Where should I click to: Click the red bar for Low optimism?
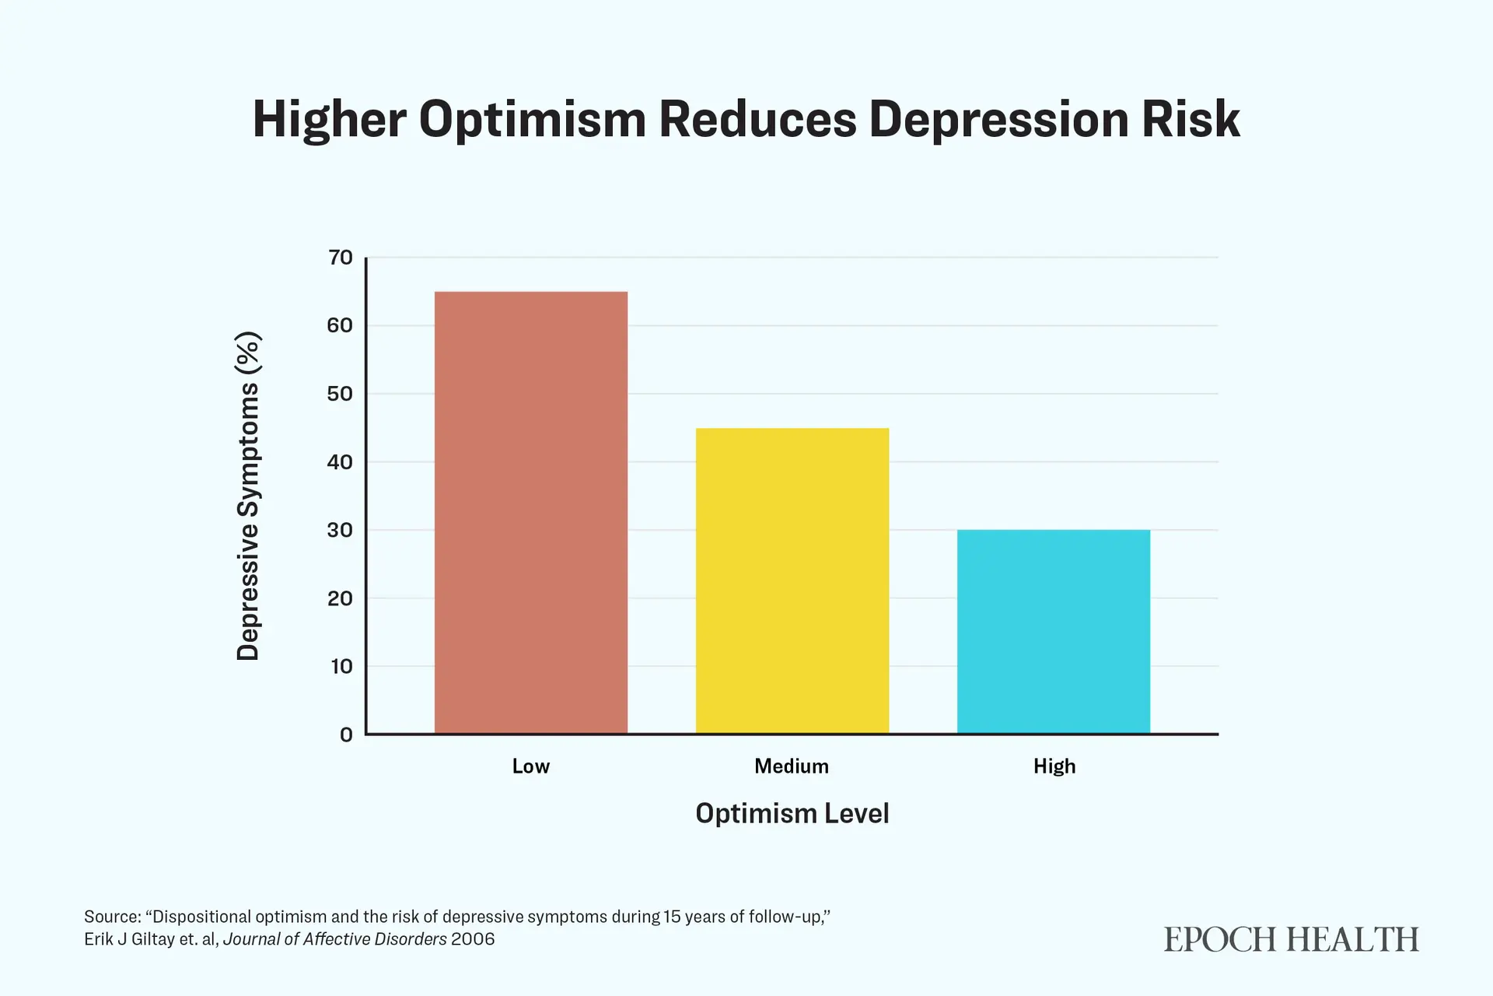pos(531,513)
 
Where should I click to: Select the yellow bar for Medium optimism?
pos(792,580)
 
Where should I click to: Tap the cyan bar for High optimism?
pos(1054,632)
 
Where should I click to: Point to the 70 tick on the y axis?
pos(341,258)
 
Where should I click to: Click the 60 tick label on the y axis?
pos(341,325)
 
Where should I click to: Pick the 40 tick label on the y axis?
pos(341,462)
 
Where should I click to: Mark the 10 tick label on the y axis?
pos(341,666)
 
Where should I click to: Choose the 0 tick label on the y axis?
pos(347,735)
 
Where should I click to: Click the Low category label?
pos(531,766)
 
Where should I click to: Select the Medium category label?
pos(792,766)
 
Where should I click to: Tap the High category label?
pos(1054,766)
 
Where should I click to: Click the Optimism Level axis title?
pos(792,813)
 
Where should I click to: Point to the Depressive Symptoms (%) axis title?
pos(248,496)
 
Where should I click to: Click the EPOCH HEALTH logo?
pos(1292,940)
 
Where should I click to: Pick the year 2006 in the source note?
pos(473,939)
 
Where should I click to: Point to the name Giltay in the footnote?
pos(153,939)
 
